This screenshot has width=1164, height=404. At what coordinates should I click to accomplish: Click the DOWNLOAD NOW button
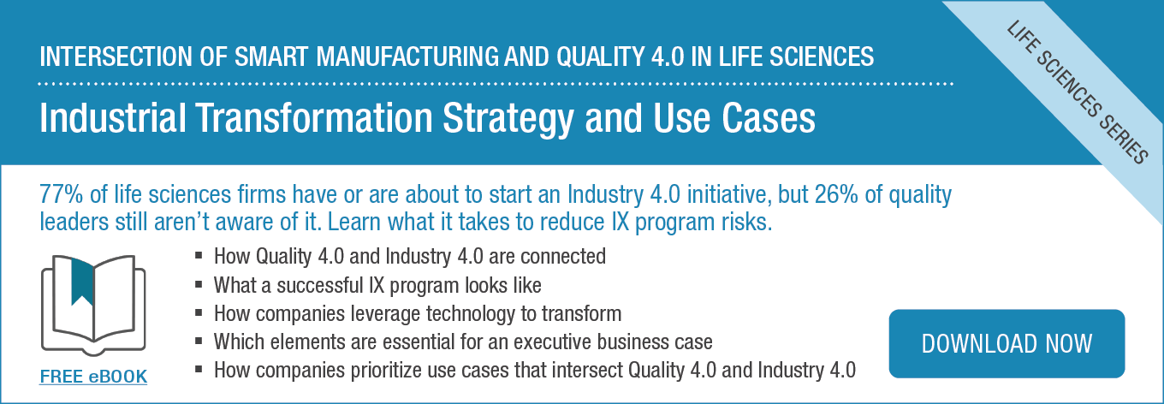(x=1007, y=344)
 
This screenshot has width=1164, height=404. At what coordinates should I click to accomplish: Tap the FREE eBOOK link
(x=93, y=377)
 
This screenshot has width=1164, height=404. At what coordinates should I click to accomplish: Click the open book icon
(x=93, y=305)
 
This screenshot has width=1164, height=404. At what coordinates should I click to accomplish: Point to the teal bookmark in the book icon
(x=82, y=282)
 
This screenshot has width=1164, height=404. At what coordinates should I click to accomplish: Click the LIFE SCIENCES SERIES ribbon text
(x=1078, y=93)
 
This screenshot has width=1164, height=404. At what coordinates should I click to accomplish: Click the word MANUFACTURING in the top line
(x=407, y=56)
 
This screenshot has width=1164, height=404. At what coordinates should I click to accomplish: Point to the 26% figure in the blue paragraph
(x=837, y=194)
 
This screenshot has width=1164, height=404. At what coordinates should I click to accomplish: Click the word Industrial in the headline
(x=113, y=118)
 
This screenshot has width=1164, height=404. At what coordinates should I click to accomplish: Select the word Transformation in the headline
(x=314, y=118)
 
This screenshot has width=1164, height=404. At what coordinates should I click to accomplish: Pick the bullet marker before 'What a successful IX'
(x=199, y=284)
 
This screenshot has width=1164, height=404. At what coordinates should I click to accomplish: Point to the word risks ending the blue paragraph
(x=746, y=223)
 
